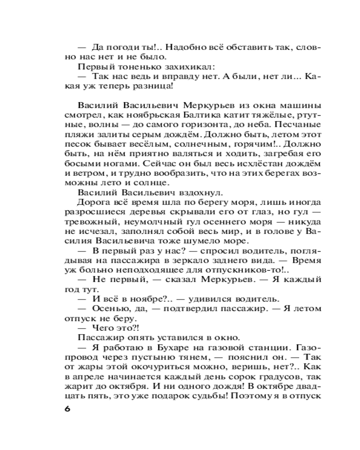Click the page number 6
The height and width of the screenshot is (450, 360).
coord(68,409)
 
